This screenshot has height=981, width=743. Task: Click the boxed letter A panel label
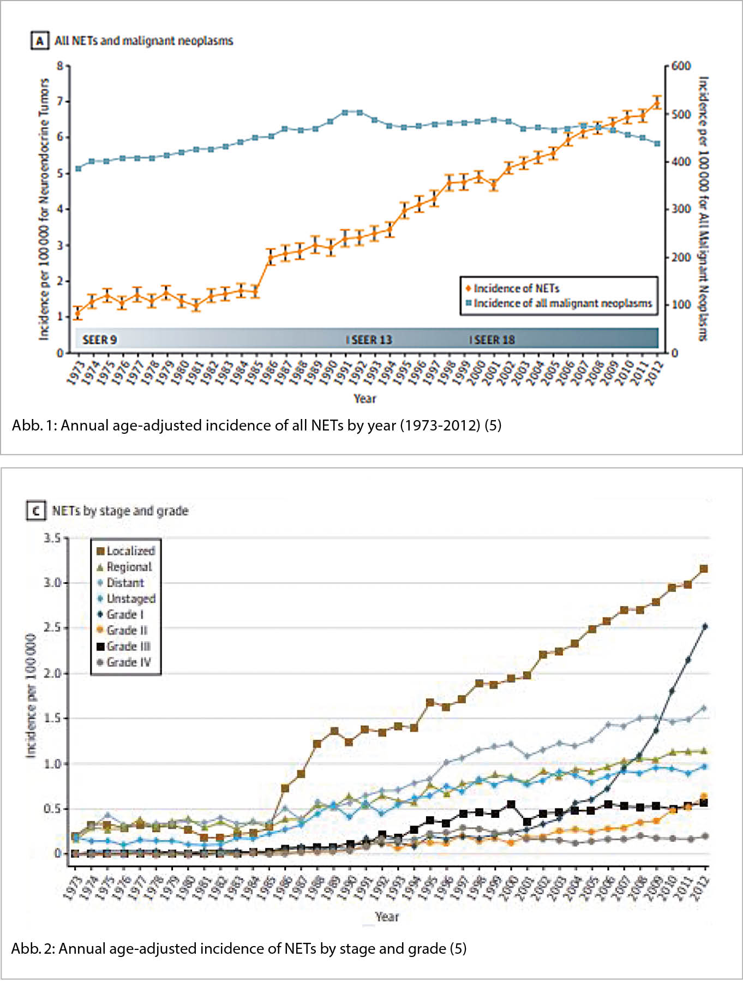pos(39,41)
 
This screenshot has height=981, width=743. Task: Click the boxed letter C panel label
pos(36,511)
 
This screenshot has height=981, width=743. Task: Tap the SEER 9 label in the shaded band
pos(99,340)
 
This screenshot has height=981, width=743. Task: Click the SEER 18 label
pos(494,340)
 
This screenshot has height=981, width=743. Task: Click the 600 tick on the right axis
pos(681,66)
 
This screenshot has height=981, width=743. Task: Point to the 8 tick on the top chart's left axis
pos(60,66)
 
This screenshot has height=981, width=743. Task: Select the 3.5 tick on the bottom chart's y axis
pos(52,538)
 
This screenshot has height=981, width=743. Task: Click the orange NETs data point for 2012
pos(657,103)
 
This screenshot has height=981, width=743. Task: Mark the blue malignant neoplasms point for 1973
pos(78,169)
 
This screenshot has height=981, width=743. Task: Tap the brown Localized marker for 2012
pos(704,569)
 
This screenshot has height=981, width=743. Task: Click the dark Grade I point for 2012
pos(705,626)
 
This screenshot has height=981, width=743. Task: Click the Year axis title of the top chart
pos(364,398)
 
